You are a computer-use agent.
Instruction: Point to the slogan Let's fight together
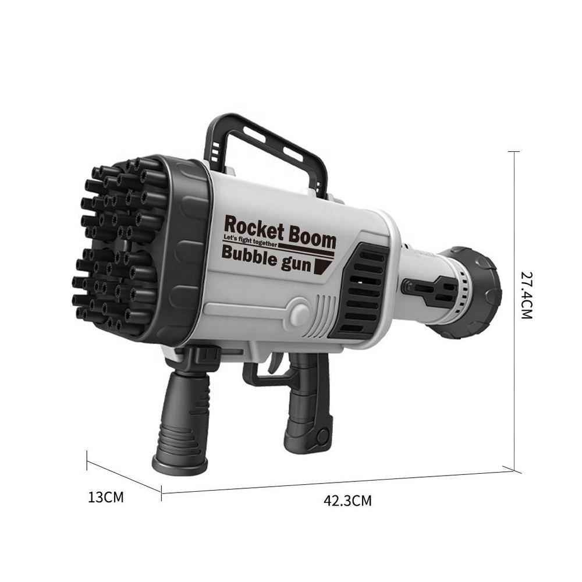tap(250, 240)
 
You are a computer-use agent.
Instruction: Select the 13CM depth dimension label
tap(106, 498)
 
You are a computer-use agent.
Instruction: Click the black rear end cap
tap(474, 291)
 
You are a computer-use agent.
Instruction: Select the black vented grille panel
tap(363, 291)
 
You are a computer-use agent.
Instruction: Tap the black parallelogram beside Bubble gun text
tap(322, 267)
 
